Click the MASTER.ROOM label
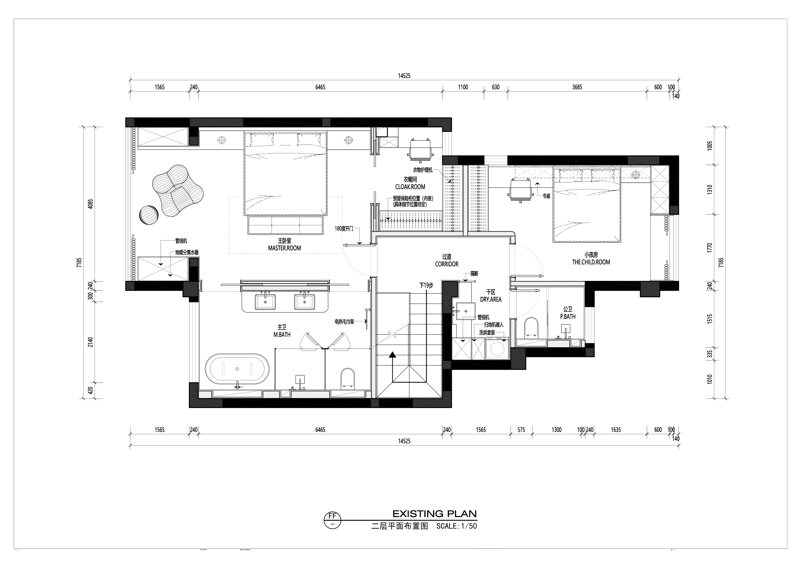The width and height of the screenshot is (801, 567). (x=284, y=248)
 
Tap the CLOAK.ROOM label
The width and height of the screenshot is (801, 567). (x=410, y=187)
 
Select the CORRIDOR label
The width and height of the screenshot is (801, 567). (x=447, y=264)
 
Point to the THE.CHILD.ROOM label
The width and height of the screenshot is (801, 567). (x=591, y=262)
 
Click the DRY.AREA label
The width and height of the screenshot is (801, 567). (x=491, y=299)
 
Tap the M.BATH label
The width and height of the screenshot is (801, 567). (x=282, y=334)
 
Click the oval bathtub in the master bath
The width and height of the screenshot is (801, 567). (x=237, y=369)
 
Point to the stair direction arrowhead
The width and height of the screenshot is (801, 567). (x=392, y=355)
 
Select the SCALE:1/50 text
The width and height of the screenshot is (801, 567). (x=457, y=526)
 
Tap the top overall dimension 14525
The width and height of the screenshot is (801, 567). (x=404, y=76)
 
